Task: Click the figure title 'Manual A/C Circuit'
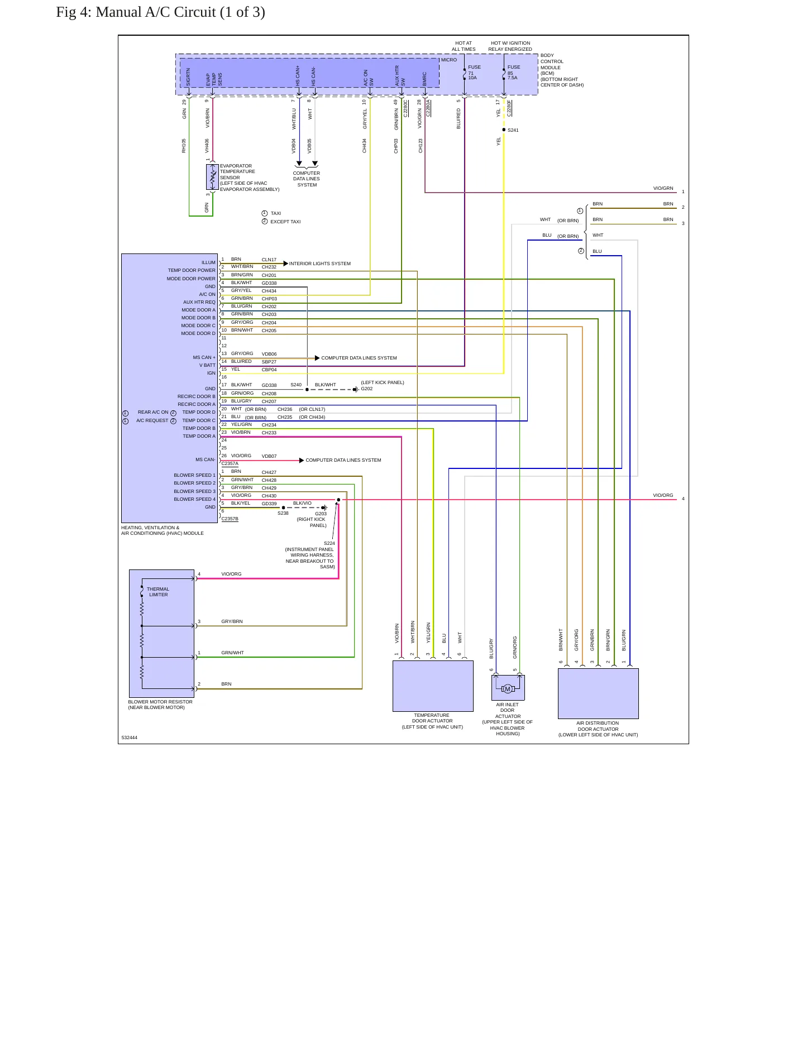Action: (x=156, y=12)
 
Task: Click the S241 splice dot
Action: (x=504, y=130)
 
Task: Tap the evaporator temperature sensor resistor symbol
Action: (x=212, y=178)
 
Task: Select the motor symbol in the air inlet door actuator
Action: (x=508, y=689)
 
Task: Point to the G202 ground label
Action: (x=366, y=389)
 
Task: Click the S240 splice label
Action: (x=296, y=385)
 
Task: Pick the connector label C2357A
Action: (x=230, y=463)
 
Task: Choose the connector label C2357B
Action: (x=230, y=519)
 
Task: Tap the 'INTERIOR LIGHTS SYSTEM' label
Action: (x=320, y=264)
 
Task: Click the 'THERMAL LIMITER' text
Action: (x=158, y=592)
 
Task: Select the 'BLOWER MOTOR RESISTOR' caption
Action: (x=160, y=702)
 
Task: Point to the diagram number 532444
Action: (x=129, y=737)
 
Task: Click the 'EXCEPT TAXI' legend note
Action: (x=285, y=222)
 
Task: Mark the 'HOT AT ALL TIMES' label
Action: (x=464, y=46)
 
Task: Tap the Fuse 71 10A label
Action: (x=474, y=72)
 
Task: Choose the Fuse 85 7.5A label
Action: (x=513, y=72)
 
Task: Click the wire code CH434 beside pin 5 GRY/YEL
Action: (x=269, y=291)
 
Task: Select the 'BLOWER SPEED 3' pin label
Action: (x=194, y=491)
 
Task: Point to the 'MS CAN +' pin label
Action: (x=204, y=357)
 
